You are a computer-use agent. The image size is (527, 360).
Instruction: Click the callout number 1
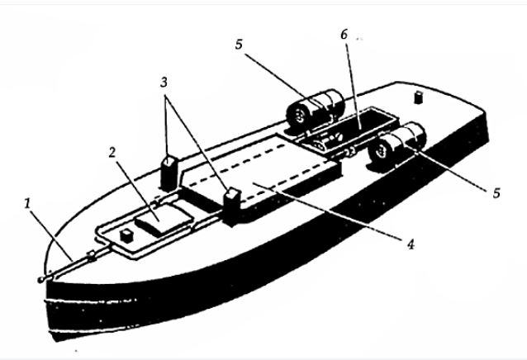coord(27,203)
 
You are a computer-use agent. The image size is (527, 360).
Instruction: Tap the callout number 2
coord(112,153)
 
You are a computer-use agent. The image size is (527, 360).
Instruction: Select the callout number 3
coord(164,83)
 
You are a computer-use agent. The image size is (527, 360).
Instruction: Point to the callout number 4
coord(411,244)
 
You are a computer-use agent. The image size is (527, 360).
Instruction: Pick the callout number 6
coord(344,34)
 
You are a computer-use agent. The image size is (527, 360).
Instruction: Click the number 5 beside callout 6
coord(239,45)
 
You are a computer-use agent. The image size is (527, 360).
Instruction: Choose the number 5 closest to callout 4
coord(496,193)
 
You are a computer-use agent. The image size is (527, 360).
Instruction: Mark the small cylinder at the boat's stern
coord(419,97)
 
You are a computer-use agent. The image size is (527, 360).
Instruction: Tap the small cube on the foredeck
coord(127,236)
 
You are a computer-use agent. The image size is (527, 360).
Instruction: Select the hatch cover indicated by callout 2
coord(164,220)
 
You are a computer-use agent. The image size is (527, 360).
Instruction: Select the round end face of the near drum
coord(381,152)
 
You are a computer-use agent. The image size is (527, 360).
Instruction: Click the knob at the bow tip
coord(41,279)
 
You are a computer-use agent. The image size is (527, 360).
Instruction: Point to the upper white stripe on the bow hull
coord(91,301)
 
